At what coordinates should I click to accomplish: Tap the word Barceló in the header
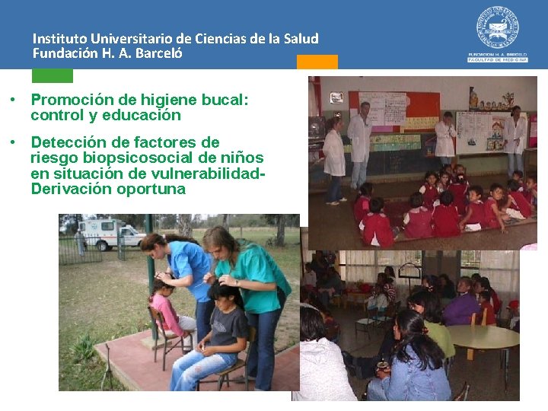[x=158, y=54]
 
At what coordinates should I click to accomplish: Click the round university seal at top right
[x=498, y=28]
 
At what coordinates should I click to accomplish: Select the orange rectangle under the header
[x=317, y=62]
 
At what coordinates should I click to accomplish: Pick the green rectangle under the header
[x=52, y=75]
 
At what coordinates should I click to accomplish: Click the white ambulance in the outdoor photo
[x=110, y=234]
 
